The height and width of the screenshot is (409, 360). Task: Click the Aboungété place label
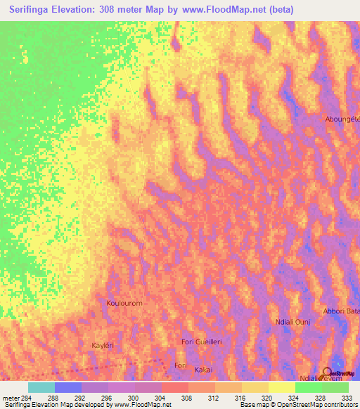pyautogui.click(x=342, y=119)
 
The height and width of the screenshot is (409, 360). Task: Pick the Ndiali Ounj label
pyautogui.click(x=292, y=322)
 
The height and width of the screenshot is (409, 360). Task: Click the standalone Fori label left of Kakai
pyautogui.click(x=180, y=365)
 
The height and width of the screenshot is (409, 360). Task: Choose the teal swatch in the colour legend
pyautogui.click(x=41, y=387)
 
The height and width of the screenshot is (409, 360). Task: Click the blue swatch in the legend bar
pyautogui.click(x=68, y=387)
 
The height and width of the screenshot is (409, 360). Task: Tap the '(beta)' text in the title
pyautogui.click(x=279, y=10)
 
